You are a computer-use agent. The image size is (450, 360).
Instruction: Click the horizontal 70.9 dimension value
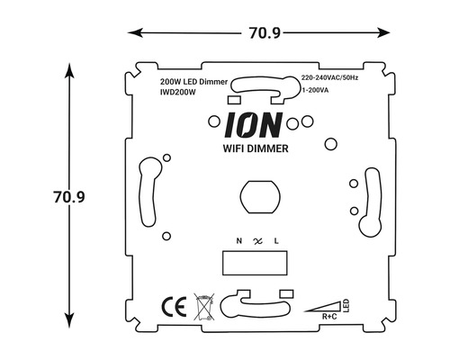(265, 33)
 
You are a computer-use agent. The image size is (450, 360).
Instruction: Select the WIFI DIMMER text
(255, 148)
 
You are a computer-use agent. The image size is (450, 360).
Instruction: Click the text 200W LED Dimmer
(193, 81)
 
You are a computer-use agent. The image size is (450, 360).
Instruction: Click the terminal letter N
(238, 241)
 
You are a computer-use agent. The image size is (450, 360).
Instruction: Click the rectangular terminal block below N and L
(256, 263)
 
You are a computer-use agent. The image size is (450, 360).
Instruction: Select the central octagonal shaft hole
(256, 195)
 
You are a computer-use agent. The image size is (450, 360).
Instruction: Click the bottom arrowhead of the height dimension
(70, 319)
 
